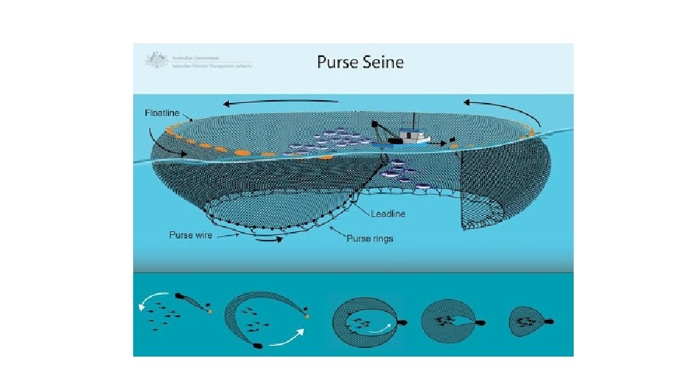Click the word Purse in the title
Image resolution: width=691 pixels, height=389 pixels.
(338, 62)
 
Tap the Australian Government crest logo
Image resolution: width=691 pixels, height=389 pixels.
(153, 59)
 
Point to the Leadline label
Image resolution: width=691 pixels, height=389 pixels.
(389, 213)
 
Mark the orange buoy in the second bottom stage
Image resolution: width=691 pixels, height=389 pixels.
(307, 316)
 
